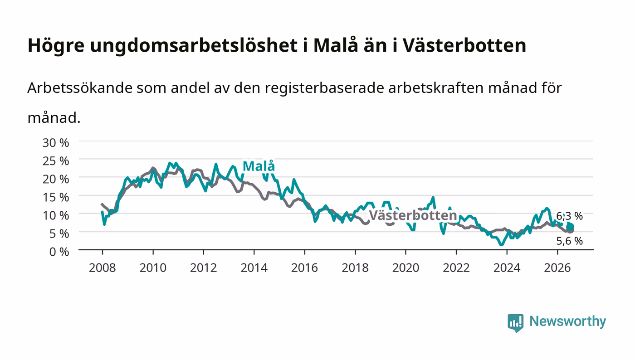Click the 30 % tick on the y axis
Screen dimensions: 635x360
click(55, 142)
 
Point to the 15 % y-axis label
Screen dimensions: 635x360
click(55, 197)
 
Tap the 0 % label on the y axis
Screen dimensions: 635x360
click(59, 252)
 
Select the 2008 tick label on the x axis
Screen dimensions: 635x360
click(103, 268)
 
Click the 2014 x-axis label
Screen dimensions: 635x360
click(254, 268)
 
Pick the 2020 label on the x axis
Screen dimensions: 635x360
click(405, 268)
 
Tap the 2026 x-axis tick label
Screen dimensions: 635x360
click(557, 268)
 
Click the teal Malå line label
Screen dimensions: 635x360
click(259, 166)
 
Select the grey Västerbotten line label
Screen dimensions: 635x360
click(413, 215)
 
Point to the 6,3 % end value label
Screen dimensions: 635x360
click(569, 216)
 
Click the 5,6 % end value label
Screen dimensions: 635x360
click(569, 241)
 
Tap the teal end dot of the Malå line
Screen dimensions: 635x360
click(570, 227)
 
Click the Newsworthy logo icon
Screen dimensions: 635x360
click(515, 322)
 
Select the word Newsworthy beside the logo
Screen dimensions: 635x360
click(567, 321)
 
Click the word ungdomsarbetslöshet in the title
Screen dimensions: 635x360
click(194, 46)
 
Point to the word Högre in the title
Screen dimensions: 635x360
click(56, 46)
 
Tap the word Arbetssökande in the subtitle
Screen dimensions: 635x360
click(80, 88)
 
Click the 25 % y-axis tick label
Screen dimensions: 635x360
click(55, 161)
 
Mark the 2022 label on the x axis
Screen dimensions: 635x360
click(456, 268)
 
